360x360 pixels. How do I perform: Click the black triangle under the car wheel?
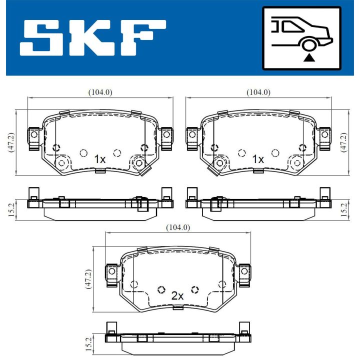(x=310, y=57)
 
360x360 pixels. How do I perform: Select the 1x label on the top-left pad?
(x=100, y=159)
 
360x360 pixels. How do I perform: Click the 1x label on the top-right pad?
(x=257, y=159)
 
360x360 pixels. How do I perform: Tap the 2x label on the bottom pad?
(x=177, y=295)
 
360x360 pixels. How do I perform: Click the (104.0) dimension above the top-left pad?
(x=100, y=92)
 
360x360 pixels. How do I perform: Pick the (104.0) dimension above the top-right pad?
(x=258, y=92)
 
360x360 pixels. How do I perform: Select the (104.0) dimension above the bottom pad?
(x=178, y=227)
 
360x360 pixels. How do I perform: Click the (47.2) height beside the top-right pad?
(x=343, y=142)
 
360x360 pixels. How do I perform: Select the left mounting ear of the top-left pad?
(x=34, y=135)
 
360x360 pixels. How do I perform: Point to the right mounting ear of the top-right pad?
(x=324, y=135)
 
